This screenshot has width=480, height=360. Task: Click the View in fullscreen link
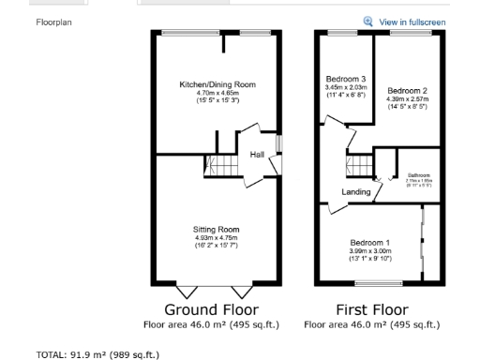pos(412,22)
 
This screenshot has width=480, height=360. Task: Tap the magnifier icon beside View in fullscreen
pos(368,21)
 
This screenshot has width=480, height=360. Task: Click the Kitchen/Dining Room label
pos(217,84)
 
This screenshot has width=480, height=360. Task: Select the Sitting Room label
pos(217,230)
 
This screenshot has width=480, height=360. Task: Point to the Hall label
pos(256,154)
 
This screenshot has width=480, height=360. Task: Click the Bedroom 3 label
pos(345,79)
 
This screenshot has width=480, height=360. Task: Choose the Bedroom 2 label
pos(406,90)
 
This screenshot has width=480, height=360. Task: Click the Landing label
pos(355,192)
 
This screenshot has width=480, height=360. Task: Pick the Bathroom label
pos(417,175)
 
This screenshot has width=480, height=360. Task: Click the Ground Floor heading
pos(211,309)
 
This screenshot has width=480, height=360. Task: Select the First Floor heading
pos(371,309)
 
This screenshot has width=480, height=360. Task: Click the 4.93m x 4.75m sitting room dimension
pos(217,237)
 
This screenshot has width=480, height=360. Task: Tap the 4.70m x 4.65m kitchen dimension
pos(217,93)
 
